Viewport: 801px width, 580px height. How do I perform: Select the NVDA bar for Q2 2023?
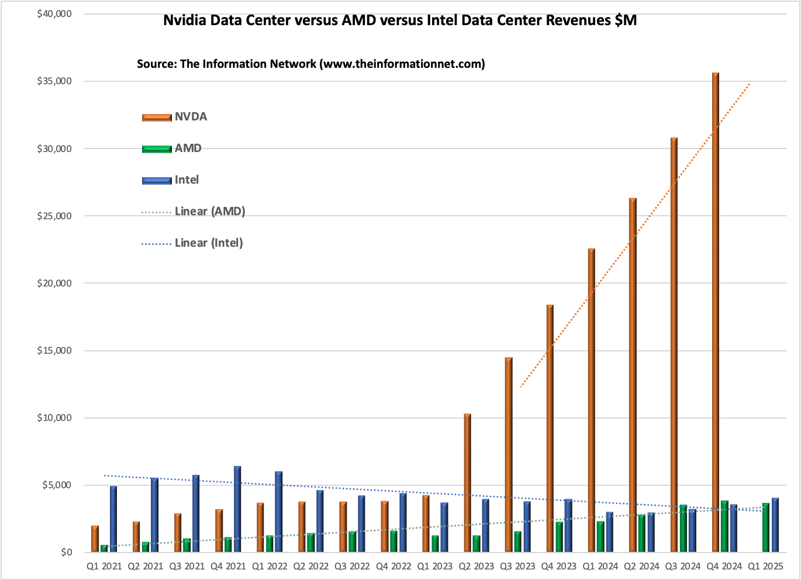(467, 483)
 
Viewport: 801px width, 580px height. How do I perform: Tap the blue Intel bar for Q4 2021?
(237, 509)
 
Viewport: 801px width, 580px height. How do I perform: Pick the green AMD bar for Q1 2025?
(766, 527)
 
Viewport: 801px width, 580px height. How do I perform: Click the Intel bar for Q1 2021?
(113, 519)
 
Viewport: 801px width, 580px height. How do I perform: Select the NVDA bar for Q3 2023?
(509, 455)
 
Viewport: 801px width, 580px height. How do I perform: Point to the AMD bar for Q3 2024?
(683, 529)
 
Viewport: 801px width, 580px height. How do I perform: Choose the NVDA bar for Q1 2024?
(592, 400)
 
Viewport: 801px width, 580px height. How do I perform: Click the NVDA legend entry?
(175, 117)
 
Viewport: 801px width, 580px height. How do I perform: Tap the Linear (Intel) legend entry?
(192, 243)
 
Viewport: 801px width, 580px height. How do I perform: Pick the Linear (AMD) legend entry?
(194, 212)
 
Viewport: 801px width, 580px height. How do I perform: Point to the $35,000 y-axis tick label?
(54, 81)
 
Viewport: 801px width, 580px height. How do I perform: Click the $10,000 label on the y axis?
(54, 418)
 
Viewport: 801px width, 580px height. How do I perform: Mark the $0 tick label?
(67, 553)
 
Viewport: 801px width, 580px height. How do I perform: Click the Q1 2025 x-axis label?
(765, 567)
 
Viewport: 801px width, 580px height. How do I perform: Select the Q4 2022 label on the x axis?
(393, 567)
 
